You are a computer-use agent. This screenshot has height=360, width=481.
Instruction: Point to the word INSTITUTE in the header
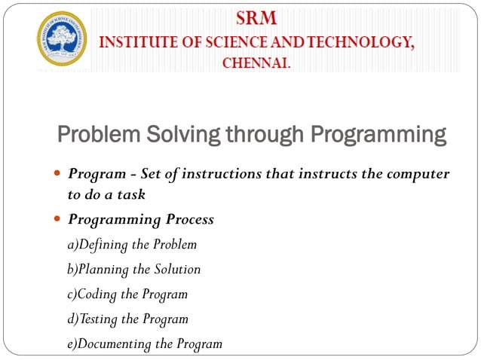[x=138, y=41]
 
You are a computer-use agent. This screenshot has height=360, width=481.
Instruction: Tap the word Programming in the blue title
[x=376, y=136]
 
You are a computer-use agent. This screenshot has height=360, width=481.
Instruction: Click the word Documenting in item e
[x=115, y=343]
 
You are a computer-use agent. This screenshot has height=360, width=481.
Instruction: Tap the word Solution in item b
[x=179, y=269]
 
